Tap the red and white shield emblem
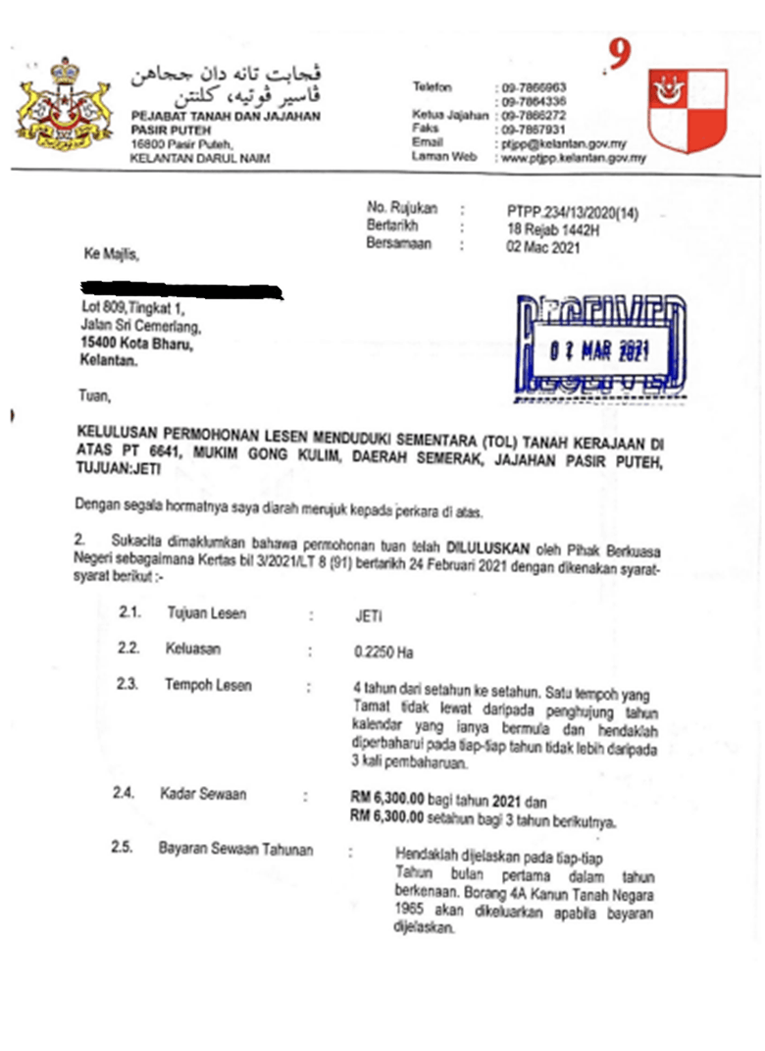click(x=688, y=109)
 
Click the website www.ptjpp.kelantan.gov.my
click(x=574, y=157)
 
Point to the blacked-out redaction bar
click(x=180, y=290)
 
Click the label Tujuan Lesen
click(x=206, y=614)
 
